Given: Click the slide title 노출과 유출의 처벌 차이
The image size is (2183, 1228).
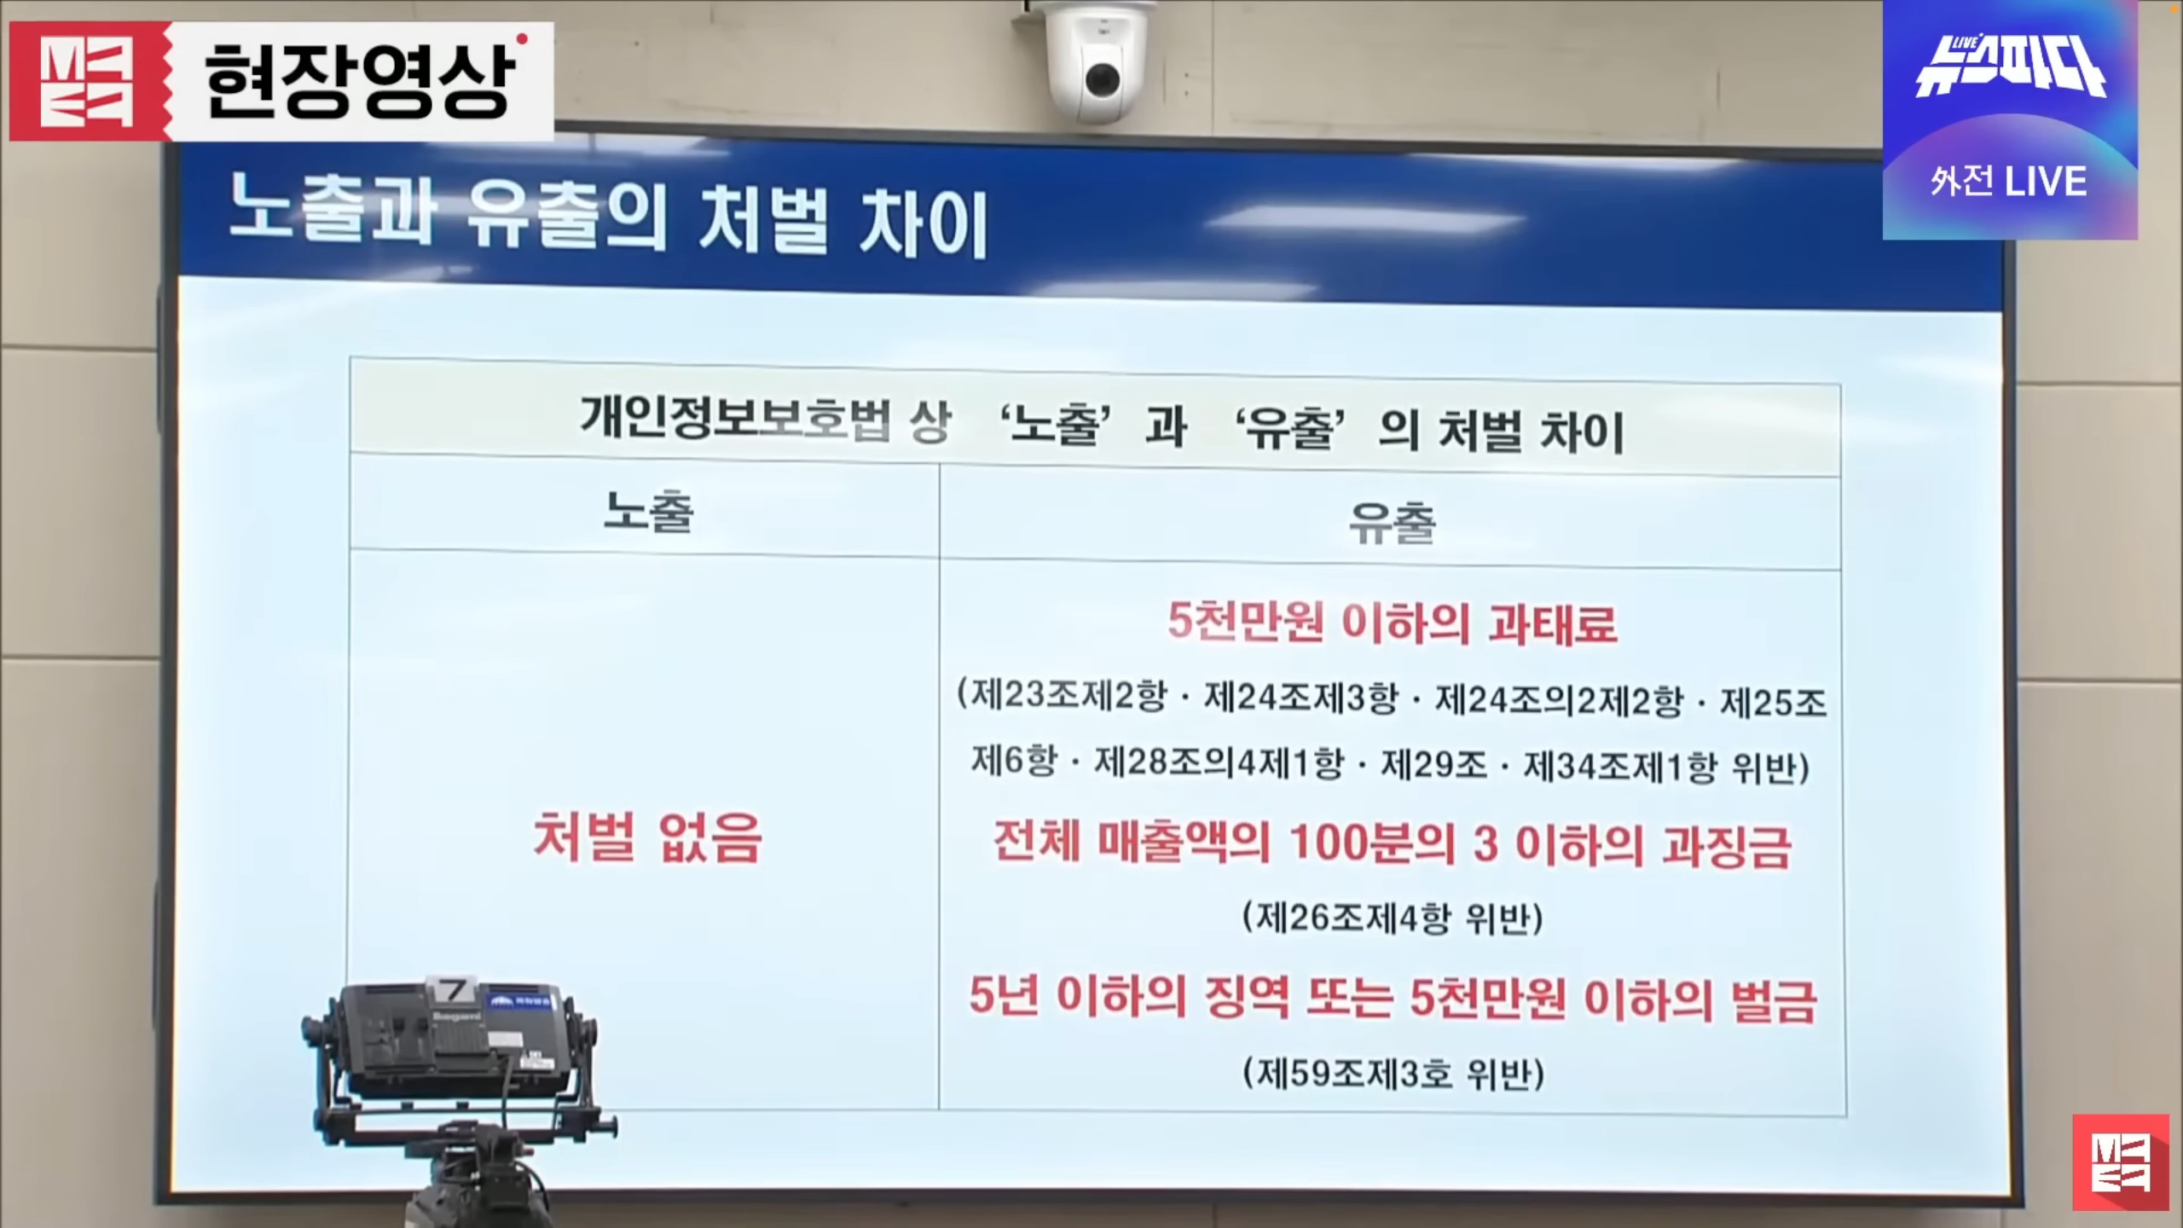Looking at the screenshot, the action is [608, 223].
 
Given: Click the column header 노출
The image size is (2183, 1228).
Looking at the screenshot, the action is [648, 512].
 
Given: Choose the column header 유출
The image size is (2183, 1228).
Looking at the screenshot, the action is [1393, 522].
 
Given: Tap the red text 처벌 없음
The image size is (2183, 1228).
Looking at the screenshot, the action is [647, 837].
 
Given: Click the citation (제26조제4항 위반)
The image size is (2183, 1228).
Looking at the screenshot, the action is [1393, 918].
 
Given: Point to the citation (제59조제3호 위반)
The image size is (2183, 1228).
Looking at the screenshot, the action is [1393, 1073].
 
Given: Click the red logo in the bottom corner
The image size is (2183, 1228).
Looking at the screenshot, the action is [2120, 1161].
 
